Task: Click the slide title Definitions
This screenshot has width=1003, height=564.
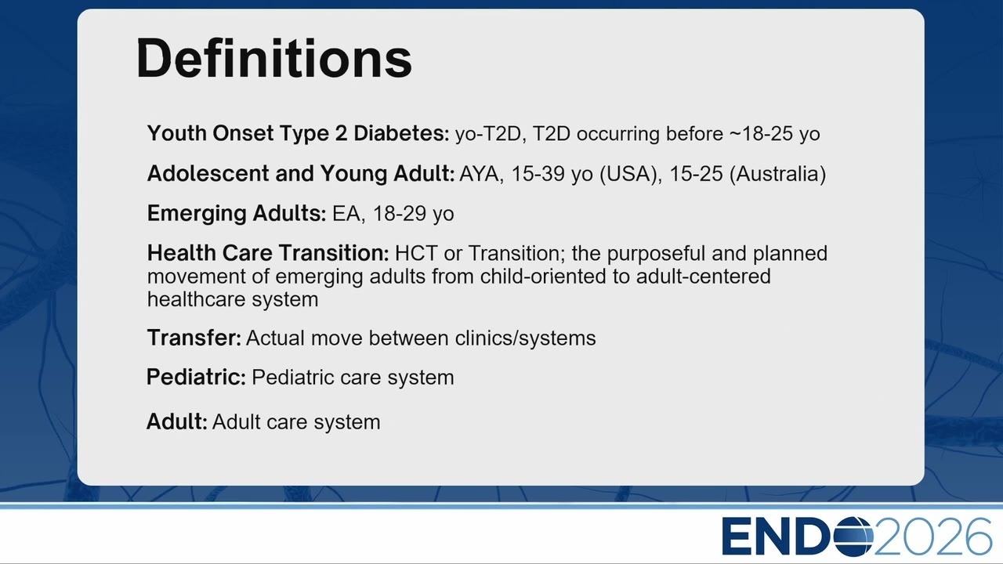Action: (x=273, y=59)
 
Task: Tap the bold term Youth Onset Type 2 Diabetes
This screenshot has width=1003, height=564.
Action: (x=299, y=134)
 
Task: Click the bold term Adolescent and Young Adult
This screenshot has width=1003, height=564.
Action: (x=301, y=174)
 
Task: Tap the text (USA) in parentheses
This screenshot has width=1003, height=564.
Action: (x=631, y=174)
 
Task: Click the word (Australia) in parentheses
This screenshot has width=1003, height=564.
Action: (x=778, y=174)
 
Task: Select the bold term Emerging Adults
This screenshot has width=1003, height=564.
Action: (x=237, y=214)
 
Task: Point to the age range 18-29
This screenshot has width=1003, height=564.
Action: (x=399, y=214)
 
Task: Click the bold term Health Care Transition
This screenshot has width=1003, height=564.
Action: (x=268, y=253)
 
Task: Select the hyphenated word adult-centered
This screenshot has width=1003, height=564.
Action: (x=704, y=277)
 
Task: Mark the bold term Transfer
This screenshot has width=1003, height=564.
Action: (x=194, y=338)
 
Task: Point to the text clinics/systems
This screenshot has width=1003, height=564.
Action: (x=525, y=338)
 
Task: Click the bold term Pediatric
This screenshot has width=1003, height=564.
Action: (x=196, y=377)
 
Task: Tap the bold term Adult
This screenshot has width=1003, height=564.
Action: (x=177, y=421)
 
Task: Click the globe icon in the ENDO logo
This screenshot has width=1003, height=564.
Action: (x=853, y=537)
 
